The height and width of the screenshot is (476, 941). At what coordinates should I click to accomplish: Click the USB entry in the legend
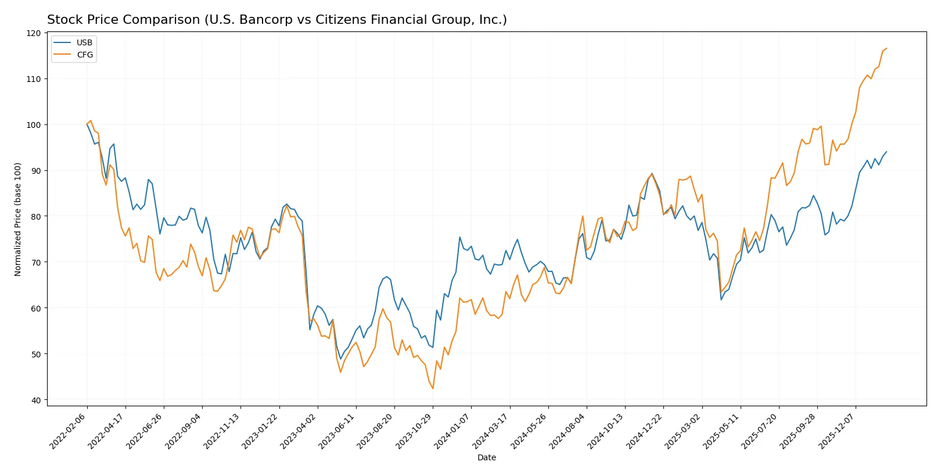pyautogui.click(x=84, y=42)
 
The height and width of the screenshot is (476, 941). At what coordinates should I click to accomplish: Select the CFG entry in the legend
pyautogui.click(x=84, y=55)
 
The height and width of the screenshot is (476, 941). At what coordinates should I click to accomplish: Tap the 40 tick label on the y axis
pyautogui.click(x=36, y=400)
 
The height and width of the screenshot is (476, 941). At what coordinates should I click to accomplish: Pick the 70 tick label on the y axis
pyautogui.click(x=36, y=263)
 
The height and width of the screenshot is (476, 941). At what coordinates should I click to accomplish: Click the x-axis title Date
pyautogui.click(x=487, y=458)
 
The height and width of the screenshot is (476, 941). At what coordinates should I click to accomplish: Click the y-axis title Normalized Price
pyautogui.click(x=18, y=219)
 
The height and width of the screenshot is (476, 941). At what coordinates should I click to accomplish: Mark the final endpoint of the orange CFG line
pyautogui.click(x=886, y=48)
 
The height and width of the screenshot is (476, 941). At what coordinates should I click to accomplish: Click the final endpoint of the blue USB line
pyautogui.click(x=886, y=152)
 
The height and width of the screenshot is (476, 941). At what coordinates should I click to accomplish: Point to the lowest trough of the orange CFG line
pyautogui.click(x=433, y=389)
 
